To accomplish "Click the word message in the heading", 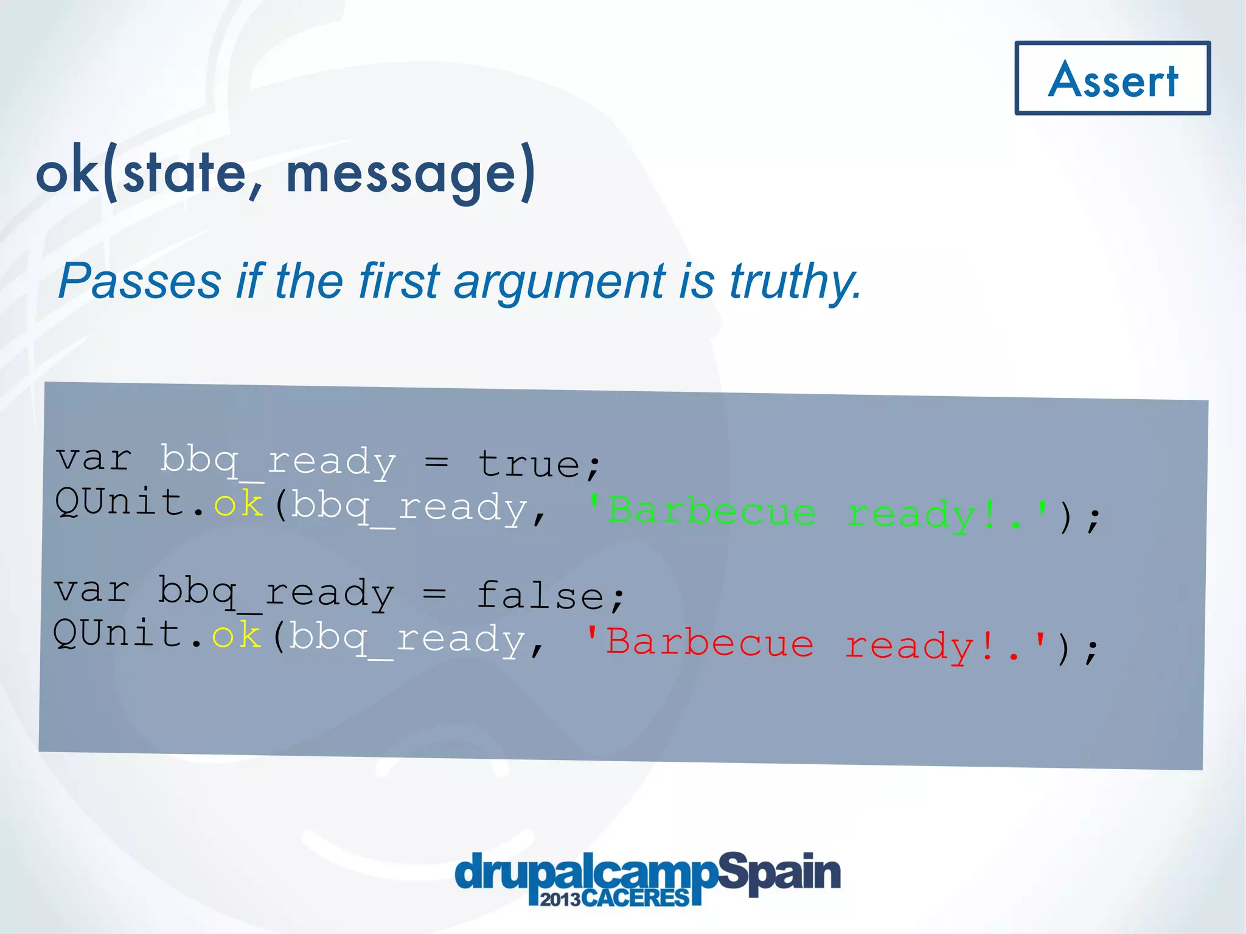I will (x=402, y=174).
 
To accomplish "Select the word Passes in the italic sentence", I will (x=140, y=281).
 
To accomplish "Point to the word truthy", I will (x=795, y=282).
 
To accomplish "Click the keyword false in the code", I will (x=540, y=595).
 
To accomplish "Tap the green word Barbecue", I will (x=712, y=511).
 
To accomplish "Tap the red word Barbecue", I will (x=709, y=643).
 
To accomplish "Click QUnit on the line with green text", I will (x=119, y=503).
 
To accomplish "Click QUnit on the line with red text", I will (x=117, y=634).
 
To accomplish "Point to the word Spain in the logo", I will (x=779, y=873).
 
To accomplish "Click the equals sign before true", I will (x=436, y=462).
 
